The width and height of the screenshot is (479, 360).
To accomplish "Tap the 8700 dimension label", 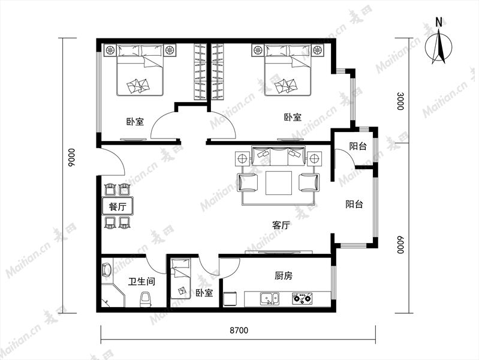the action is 239,331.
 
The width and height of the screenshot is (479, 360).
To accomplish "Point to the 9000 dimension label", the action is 71,157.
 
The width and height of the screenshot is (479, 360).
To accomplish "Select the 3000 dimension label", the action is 400,101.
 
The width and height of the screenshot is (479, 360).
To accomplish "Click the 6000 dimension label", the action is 400,245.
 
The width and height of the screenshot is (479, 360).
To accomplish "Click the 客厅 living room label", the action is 281,226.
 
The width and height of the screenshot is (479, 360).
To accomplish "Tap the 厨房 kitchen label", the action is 283,276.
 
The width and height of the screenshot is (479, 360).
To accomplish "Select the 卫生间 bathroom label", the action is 141,281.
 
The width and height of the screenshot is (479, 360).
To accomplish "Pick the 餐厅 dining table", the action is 118,206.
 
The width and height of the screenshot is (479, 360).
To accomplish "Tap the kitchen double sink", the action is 269,299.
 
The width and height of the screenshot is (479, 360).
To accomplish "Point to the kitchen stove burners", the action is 302,299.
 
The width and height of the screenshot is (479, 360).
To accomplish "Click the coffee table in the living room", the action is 279,183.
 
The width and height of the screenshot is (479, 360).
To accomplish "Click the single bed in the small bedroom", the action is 180,278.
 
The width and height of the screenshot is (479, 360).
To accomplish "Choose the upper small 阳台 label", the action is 358,146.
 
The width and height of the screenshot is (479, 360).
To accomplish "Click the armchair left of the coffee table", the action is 248,182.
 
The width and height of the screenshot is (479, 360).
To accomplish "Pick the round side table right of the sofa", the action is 314,159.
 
